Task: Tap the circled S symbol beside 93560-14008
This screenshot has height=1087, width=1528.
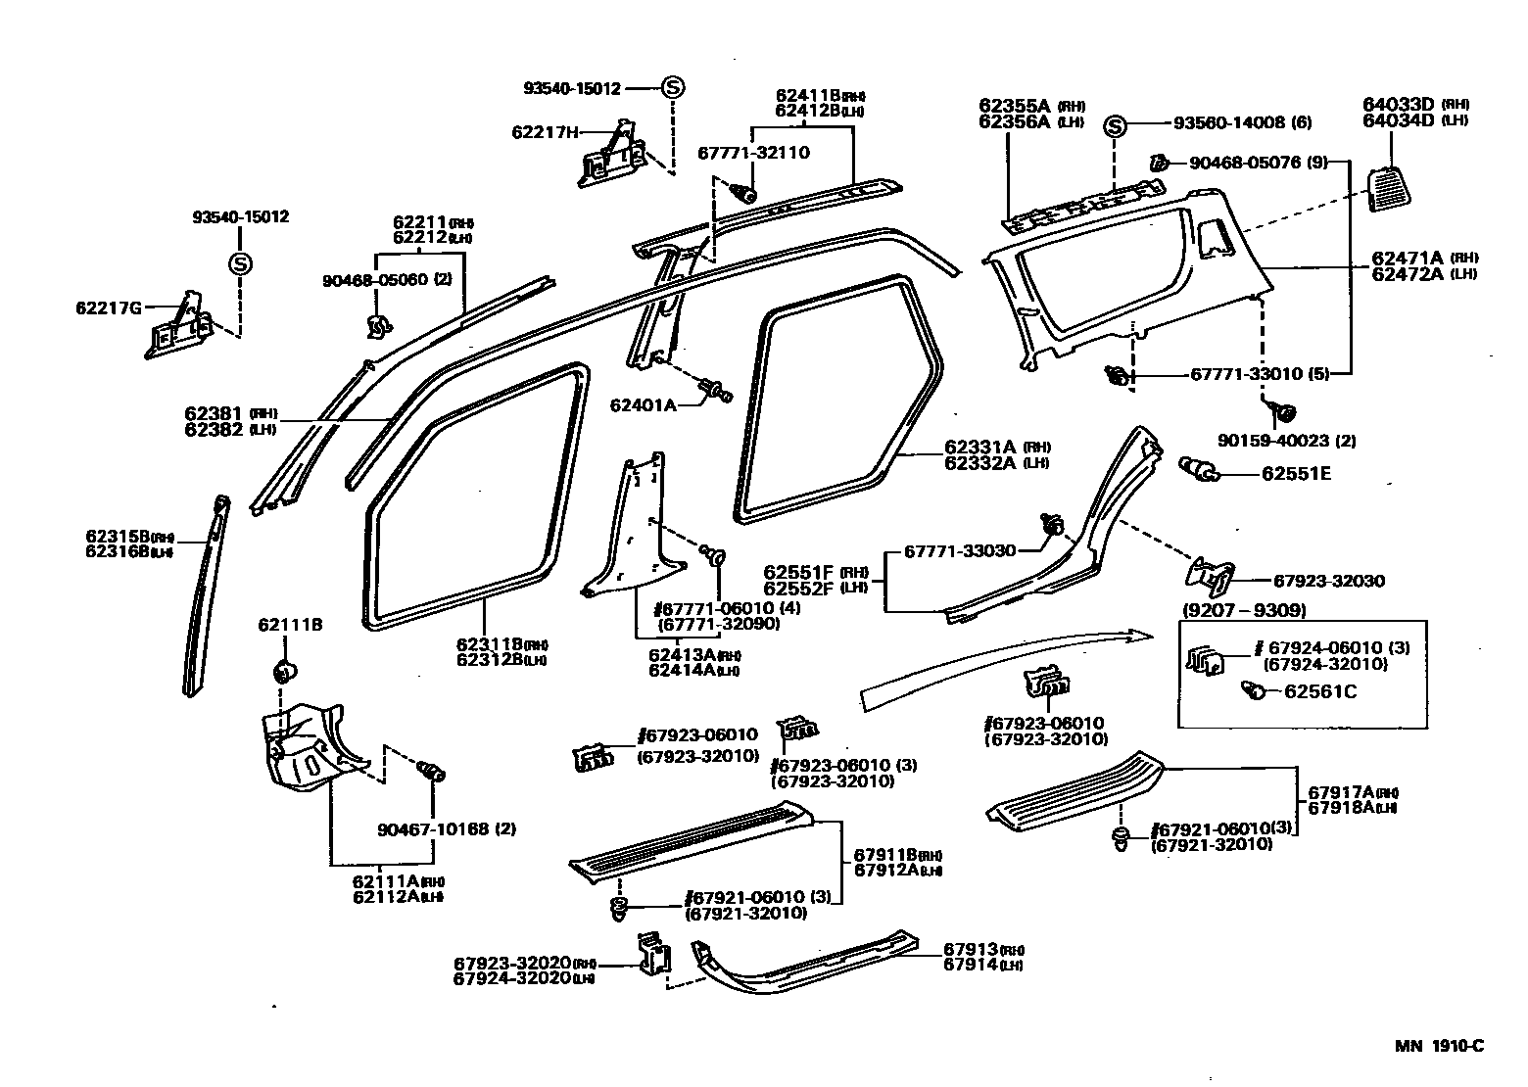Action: point(1116,125)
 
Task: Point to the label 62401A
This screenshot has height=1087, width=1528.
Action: point(643,404)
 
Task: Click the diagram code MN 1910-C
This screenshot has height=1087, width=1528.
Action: point(1439,1046)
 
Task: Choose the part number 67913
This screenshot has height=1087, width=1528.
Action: point(971,949)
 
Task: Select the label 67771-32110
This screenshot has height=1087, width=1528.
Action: point(753,153)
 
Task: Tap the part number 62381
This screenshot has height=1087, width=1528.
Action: point(215,413)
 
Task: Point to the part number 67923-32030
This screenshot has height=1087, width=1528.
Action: point(1328,581)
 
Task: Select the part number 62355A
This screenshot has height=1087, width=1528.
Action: point(1014,106)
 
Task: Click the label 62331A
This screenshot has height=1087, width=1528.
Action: point(981,448)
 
